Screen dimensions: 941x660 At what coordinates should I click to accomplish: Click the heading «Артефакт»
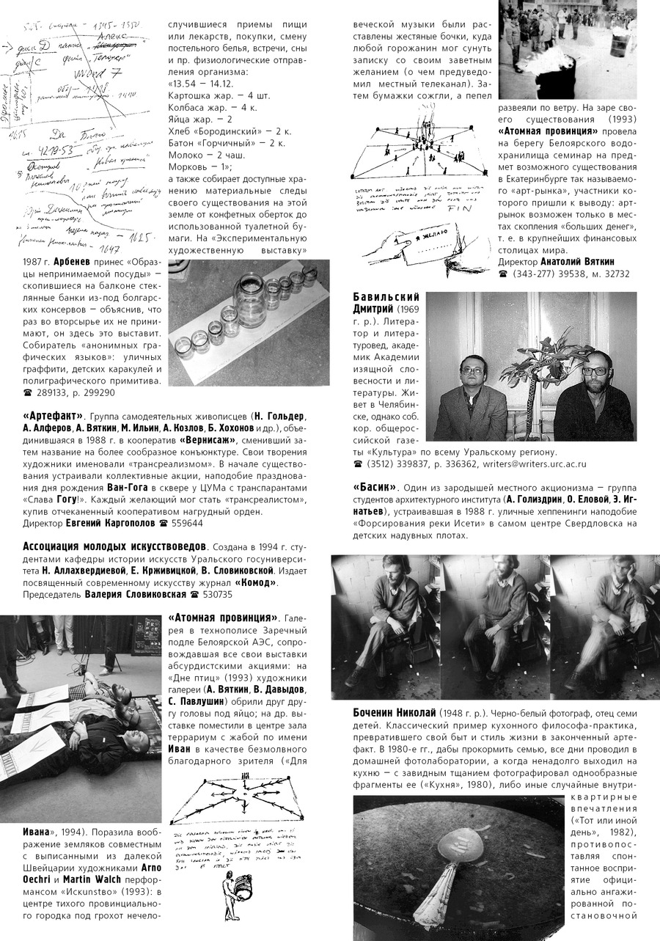(x=51, y=416)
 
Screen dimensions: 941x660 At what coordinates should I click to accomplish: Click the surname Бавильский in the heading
(x=386, y=296)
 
